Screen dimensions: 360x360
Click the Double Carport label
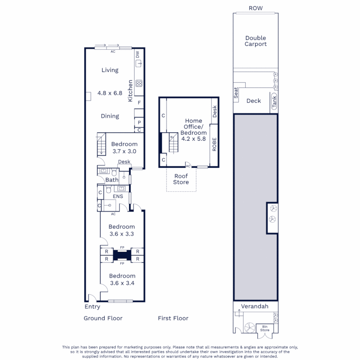256,41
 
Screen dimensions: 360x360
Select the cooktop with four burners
139,83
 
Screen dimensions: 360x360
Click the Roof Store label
181,179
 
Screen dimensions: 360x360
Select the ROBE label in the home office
214,145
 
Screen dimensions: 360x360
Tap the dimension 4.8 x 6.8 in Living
110,93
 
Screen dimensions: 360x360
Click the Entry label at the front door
92,307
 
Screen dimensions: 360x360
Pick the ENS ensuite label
118,196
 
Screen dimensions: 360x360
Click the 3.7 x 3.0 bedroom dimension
124,151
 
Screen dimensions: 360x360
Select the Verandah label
255,306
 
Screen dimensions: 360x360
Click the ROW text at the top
256,8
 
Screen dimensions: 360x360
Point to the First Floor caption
173,318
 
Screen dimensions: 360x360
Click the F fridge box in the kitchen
139,103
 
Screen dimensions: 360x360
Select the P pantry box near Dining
139,122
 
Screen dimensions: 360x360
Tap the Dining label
110,116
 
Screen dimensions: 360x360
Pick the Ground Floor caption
103,318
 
